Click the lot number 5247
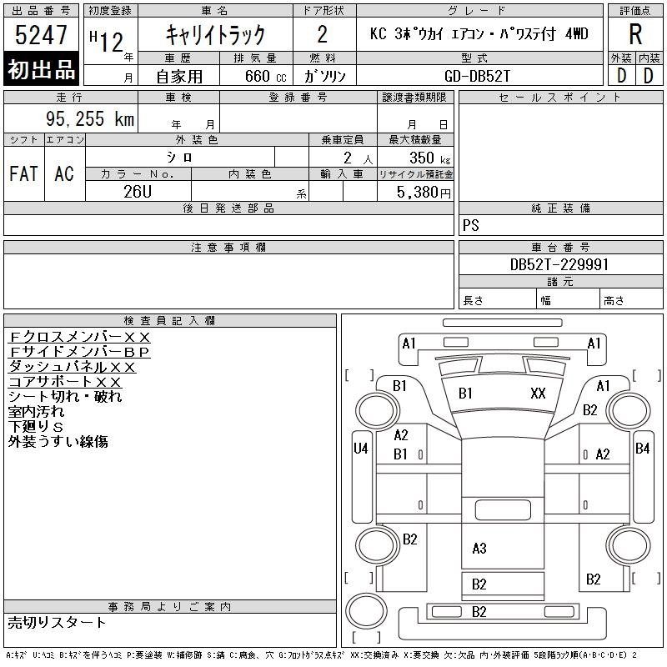(x=41, y=35)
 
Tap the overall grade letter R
(x=635, y=34)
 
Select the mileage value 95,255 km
(x=90, y=118)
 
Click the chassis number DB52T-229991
(x=559, y=264)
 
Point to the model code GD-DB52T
(x=477, y=76)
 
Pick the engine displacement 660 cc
(x=265, y=77)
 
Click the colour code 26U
(x=138, y=192)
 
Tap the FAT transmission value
(x=24, y=173)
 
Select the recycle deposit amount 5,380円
(x=424, y=193)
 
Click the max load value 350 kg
(x=429, y=158)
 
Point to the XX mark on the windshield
(x=538, y=394)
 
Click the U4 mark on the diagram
(x=361, y=449)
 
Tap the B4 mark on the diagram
(x=642, y=449)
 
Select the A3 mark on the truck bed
(x=479, y=549)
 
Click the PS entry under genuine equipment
(x=471, y=225)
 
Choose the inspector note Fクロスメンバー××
(x=79, y=338)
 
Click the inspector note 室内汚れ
(x=36, y=411)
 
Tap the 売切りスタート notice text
(x=57, y=623)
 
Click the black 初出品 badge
(x=41, y=69)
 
